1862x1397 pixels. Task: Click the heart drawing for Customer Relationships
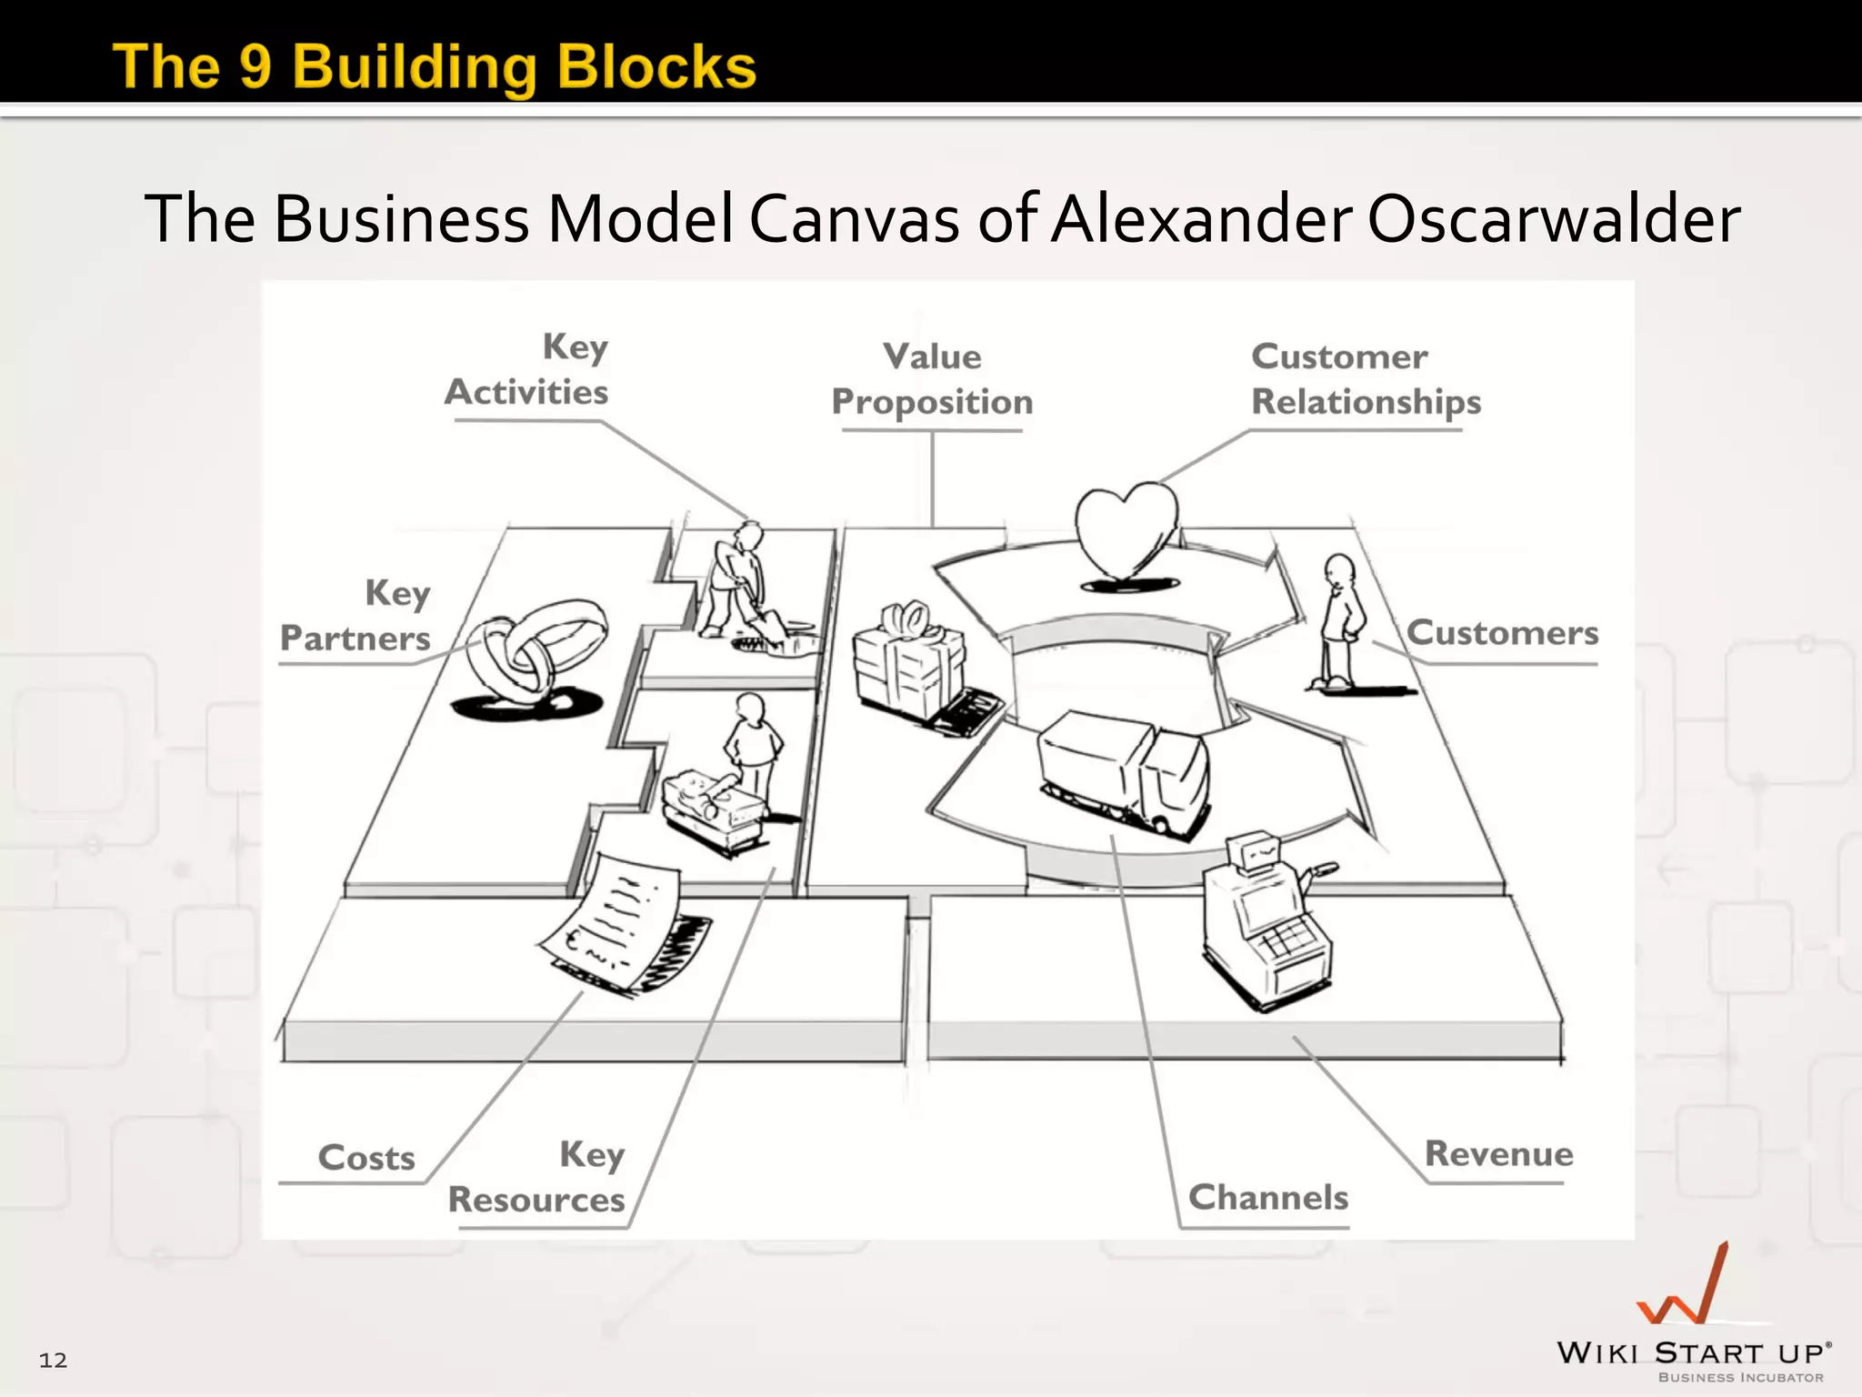tap(1126, 532)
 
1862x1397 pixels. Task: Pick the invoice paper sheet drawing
tap(618, 923)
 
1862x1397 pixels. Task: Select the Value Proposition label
tap(932, 379)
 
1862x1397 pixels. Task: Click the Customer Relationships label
tap(1365, 379)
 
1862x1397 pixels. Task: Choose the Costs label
tap(366, 1158)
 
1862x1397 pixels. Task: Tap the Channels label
tap(1268, 1198)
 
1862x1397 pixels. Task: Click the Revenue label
tap(1498, 1154)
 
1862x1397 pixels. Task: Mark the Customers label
tap(1502, 633)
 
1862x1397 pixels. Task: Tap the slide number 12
tap(53, 1360)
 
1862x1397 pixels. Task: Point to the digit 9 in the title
tap(255, 66)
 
